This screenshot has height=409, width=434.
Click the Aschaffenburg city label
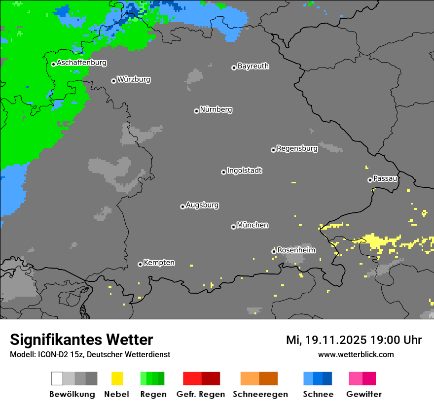(81, 63)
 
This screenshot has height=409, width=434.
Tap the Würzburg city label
(134, 79)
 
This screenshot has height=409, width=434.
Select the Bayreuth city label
(253, 66)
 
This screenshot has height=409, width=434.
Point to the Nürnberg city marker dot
(196, 111)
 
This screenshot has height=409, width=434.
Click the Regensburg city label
(297, 148)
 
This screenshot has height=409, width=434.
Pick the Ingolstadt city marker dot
(223, 172)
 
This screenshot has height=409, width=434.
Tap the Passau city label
(385, 178)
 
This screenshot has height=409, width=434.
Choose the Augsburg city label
(202, 205)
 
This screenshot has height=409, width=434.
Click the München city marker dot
(233, 227)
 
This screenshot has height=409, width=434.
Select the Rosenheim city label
(296, 250)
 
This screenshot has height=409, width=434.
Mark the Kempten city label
(159, 263)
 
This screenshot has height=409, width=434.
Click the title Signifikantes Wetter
(81, 340)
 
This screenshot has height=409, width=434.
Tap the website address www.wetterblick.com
(356, 354)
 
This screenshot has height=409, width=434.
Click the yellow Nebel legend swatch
(117, 378)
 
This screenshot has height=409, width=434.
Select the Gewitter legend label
(364, 394)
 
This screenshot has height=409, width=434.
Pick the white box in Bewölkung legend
(57, 378)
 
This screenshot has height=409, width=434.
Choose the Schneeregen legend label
(260, 394)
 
